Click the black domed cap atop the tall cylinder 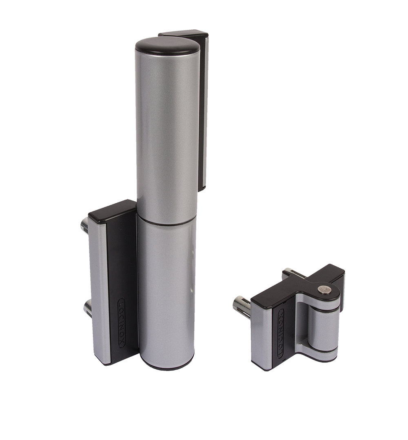(167, 44)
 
